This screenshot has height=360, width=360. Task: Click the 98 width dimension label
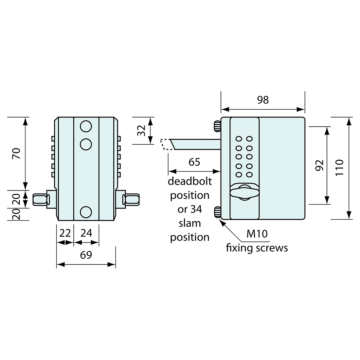[263, 100]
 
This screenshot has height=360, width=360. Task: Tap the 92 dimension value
[320, 165]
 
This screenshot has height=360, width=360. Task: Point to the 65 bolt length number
[194, 162]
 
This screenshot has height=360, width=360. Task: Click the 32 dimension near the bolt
[141, 131]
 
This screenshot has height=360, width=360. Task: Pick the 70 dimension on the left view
[16, 153]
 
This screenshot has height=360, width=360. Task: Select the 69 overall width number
[86, 255]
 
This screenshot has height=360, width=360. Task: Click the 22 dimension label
[65, 233]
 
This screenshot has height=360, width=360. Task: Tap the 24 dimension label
[86, 233]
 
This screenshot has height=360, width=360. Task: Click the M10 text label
[257, 234]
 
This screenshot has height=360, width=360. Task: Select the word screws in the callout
[272, 248]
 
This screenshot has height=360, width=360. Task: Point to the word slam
[189, 223]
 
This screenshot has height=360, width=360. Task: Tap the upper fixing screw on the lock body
[217, 126]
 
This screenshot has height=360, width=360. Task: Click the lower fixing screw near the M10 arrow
[217, 212]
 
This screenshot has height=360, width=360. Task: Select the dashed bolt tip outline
[166, 144]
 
